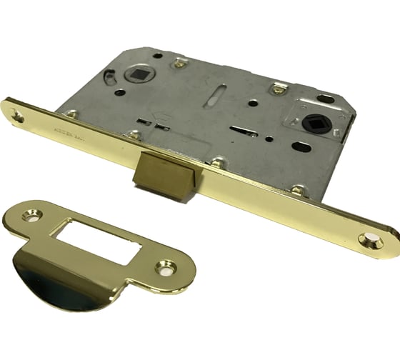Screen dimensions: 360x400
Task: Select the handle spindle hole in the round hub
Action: tap(138, 73)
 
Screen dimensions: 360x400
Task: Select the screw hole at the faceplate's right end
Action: tap(373, 241)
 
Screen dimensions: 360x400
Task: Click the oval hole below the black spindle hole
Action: tap(302, 148)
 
